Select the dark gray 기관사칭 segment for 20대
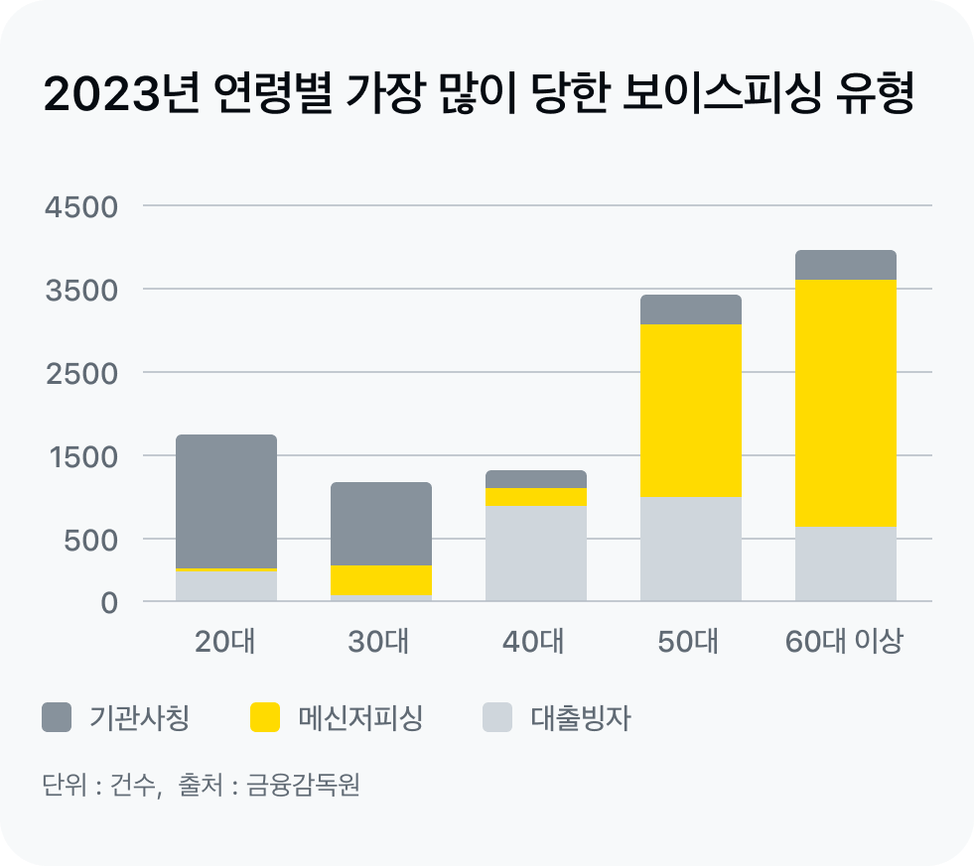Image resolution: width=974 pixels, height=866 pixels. pos(226,501)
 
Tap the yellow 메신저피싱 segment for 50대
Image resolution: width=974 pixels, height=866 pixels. pos(691,411)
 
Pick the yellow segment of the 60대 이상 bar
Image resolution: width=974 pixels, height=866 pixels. pos(846,403)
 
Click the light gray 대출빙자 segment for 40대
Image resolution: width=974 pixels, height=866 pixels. pos(536,553)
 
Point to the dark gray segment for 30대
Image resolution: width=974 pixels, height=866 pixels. pos(381,524)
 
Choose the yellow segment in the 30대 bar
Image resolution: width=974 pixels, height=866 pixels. pos(381,579)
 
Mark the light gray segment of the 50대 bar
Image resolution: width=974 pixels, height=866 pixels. pos(691,549)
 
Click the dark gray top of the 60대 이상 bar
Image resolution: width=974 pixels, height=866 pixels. pos(846,265)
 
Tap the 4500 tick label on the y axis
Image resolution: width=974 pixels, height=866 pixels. pos(81,207)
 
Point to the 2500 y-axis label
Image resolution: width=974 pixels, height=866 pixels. pos(81,374)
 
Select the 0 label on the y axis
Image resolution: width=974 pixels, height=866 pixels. pos(107,602)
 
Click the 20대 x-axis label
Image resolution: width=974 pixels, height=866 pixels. pos(225,642)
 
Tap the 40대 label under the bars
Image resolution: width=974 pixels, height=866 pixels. pos(534,642)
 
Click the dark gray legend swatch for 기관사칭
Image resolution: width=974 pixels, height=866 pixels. pos(57,717)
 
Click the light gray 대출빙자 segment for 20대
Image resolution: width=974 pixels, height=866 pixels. pos(226,586)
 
